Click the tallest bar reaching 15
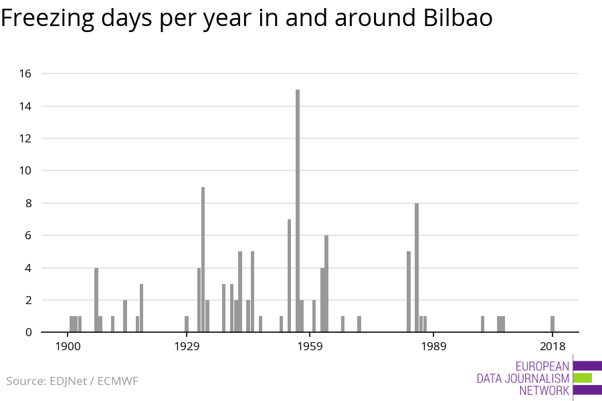298,211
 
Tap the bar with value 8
417,267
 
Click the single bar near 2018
553,324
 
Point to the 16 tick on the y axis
25,74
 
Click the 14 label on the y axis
25,106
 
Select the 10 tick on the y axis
25,170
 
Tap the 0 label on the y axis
28,332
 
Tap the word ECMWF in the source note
118,382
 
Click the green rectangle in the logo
583,378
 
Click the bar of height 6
326,283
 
